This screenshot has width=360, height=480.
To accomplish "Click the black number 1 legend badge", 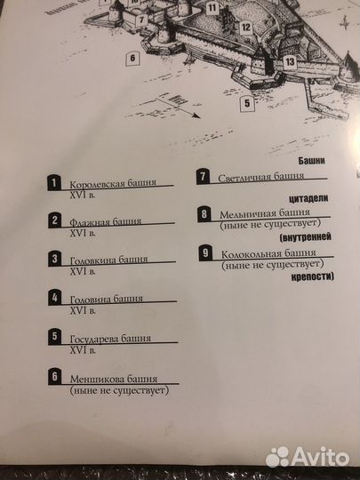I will click(x=55, y=184).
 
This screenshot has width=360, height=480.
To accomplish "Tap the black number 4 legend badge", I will click(x=55, y=299).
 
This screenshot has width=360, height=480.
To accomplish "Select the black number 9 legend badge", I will click(x=205, y=253).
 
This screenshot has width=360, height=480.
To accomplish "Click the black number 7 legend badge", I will click(x=204, y=176).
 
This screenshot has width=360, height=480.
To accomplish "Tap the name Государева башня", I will click(x=109, y=339).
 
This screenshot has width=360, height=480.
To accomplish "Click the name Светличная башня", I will click(x=254, y=177).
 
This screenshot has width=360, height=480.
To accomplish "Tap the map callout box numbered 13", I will click(x=291, y=61).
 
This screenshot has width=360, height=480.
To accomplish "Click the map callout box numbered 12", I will click(x=243, y=28).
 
